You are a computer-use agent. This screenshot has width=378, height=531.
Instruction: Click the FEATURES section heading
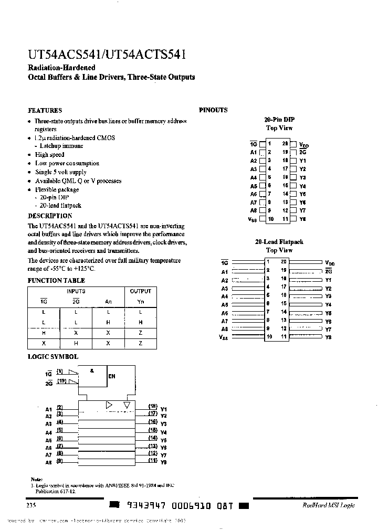45,111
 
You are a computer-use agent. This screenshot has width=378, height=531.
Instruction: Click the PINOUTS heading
213,110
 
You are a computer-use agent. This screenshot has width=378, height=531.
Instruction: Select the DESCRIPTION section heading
50,216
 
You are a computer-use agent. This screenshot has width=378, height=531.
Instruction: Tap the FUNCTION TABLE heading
52,281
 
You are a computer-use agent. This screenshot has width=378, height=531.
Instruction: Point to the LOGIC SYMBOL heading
52,357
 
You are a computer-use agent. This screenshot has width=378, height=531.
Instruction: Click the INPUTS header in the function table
76,291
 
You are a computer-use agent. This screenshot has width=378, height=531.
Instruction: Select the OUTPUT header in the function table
140,291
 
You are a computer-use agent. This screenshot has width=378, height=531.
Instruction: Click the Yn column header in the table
140,301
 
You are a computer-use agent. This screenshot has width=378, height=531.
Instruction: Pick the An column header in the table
108,301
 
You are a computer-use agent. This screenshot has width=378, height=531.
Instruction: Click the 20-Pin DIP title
279,120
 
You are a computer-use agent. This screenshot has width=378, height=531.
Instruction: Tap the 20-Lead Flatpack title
279,242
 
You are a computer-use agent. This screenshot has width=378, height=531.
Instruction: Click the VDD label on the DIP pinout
304,144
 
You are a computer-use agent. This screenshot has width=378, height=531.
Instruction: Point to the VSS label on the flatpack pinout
223,337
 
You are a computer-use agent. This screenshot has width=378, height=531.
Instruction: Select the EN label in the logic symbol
111,377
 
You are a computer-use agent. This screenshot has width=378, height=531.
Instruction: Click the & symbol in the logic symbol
92,370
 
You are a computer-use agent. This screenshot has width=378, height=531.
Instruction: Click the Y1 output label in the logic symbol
163,409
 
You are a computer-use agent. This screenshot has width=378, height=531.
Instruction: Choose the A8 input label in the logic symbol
48,463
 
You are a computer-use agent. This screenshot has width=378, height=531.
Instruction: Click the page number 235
31,505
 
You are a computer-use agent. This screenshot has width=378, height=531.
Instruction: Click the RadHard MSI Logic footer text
328,505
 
